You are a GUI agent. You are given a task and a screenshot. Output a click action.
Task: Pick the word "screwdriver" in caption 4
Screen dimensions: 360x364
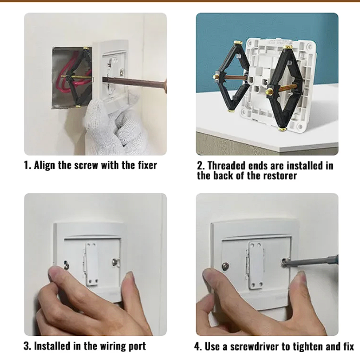(x=254, y=347)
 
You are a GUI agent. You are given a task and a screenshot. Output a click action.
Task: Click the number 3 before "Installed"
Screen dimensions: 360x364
(x=27, y=346)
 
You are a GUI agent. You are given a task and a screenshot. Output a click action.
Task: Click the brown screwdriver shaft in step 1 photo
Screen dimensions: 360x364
(x=134, y=82)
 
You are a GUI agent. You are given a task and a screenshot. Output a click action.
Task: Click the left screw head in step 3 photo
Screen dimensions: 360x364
(x=67, y=264)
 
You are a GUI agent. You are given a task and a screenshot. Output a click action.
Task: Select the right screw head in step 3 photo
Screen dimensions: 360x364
(x=115, y=262)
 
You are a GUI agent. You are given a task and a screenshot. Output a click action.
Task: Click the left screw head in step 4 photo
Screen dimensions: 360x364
(x=225, y=266)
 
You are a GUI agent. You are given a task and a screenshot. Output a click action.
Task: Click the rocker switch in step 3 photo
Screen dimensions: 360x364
(x=92, y=264)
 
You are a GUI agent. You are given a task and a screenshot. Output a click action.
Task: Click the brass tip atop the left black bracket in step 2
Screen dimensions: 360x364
(x=238, y=42)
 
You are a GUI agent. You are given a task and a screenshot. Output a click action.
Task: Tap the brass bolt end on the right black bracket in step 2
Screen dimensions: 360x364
(x=270, y=91)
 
